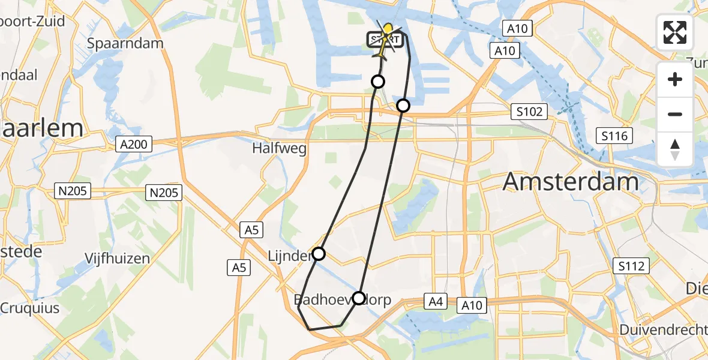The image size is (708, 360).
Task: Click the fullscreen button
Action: pos(675,32)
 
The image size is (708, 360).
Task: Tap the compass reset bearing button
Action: pos(675,149)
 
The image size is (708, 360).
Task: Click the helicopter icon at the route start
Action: pos(385,39)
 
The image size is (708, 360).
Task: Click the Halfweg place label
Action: pos(280,149)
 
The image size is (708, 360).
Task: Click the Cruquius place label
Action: pos(30,308)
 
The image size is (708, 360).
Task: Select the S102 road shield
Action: pos(529,112)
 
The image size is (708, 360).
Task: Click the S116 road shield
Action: pos(615,136)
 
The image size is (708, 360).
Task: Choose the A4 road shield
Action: pos(436,301)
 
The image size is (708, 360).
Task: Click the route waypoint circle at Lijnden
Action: pos(319,254)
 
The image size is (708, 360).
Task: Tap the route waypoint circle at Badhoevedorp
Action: pos(358,298)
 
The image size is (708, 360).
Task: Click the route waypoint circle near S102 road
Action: pos(403,106)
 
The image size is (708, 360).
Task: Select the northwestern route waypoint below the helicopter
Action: pos(378,82)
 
